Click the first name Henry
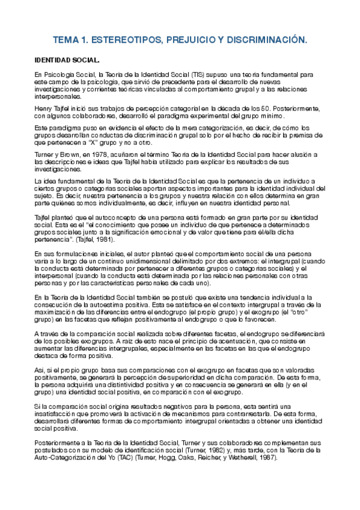pos(44,108)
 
